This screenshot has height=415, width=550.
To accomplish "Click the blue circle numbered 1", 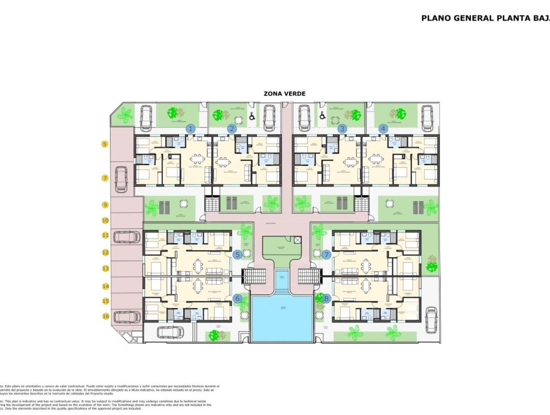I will click(191, 128).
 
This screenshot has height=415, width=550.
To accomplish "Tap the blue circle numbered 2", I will click(232, 128).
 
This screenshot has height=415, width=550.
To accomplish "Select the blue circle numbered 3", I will click(342, 128).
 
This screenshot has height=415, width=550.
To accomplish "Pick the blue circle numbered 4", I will click(383, 128).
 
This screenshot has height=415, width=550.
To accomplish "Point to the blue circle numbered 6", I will click(237, 299).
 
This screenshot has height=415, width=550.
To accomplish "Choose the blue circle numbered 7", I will click(326, 254).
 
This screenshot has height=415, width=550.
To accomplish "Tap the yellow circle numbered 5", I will click(105, 144).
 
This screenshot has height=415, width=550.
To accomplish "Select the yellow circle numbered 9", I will click(105, 205).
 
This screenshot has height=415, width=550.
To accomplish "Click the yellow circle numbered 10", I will click(105, 221).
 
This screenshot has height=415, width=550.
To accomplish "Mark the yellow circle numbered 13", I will click(105, 268).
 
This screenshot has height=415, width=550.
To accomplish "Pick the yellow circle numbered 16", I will click(105, 316).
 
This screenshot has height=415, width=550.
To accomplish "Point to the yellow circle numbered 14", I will click(105, 286).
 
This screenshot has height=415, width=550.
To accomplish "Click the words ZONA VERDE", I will click(284, 94).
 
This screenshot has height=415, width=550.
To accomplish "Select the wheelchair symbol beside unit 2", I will click(251, 116).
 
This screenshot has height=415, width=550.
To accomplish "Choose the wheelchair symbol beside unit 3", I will click(322, 116).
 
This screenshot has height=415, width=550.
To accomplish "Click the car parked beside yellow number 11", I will click(126, 236).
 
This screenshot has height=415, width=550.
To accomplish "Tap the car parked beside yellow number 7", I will click(121, 180).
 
